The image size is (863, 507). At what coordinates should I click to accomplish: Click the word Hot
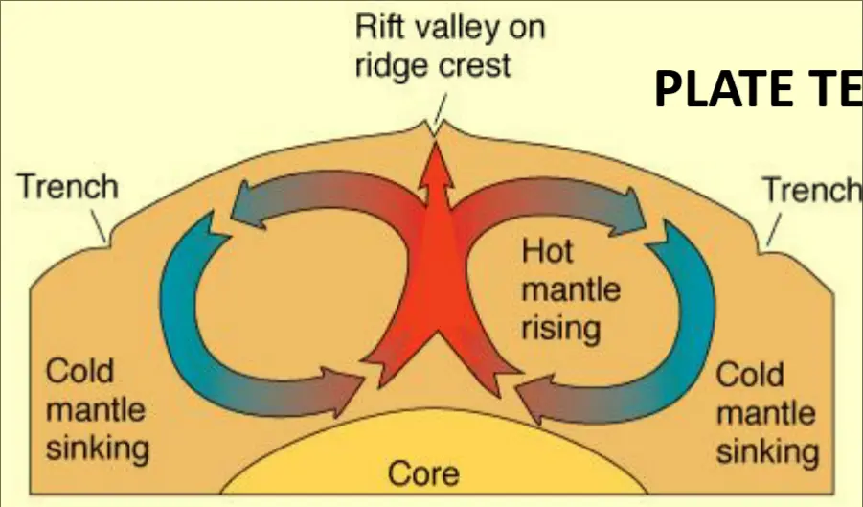(548, 251)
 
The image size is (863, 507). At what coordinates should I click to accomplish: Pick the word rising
(561, 329)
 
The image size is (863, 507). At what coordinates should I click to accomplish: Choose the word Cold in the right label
(751, 373)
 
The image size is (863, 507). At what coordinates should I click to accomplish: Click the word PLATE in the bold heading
(720, 89)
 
